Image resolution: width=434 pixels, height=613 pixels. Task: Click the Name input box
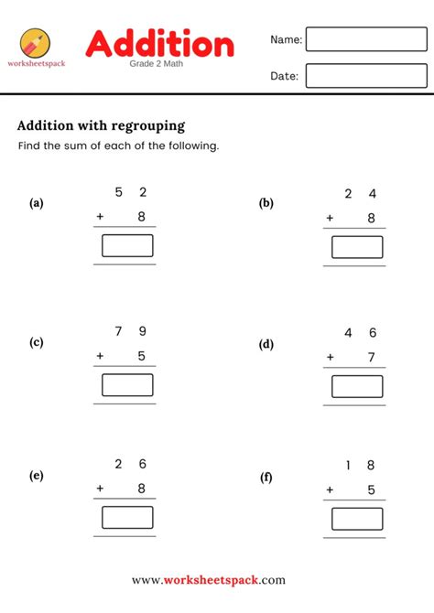[x=366, y=39]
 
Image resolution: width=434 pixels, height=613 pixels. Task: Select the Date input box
[x=366, y=76]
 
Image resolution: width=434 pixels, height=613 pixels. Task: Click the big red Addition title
[x=160, y=43]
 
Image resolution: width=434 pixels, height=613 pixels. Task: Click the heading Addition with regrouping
[x=102, y=125]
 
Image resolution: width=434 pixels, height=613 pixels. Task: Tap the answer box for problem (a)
[x=127, y=245]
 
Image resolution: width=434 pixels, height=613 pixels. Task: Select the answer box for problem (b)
[x=357, y=247]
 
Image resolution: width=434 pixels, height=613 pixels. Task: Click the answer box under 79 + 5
[x=127, y=385]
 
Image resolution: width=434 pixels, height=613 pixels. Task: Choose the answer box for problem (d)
[x=357, y=386]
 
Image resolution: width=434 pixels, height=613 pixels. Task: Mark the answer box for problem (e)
[x=127, y=517]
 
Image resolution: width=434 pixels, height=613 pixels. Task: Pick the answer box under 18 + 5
[x=357, y=519]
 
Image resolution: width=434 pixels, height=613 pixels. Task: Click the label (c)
[x=37, y=343]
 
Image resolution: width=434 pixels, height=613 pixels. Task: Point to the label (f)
[x=266, y=477]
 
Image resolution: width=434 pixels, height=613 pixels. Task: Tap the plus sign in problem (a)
[x=100, y=217]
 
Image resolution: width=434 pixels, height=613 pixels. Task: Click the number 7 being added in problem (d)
[x=372, y=358]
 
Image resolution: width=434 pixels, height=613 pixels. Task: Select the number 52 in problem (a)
[x=130, y=192]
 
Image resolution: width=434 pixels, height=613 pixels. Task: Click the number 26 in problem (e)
[x=130, y=464]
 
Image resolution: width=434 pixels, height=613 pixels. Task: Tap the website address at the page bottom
[x=209, y=580]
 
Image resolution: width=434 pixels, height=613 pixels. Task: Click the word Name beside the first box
[x=285, y=39]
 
